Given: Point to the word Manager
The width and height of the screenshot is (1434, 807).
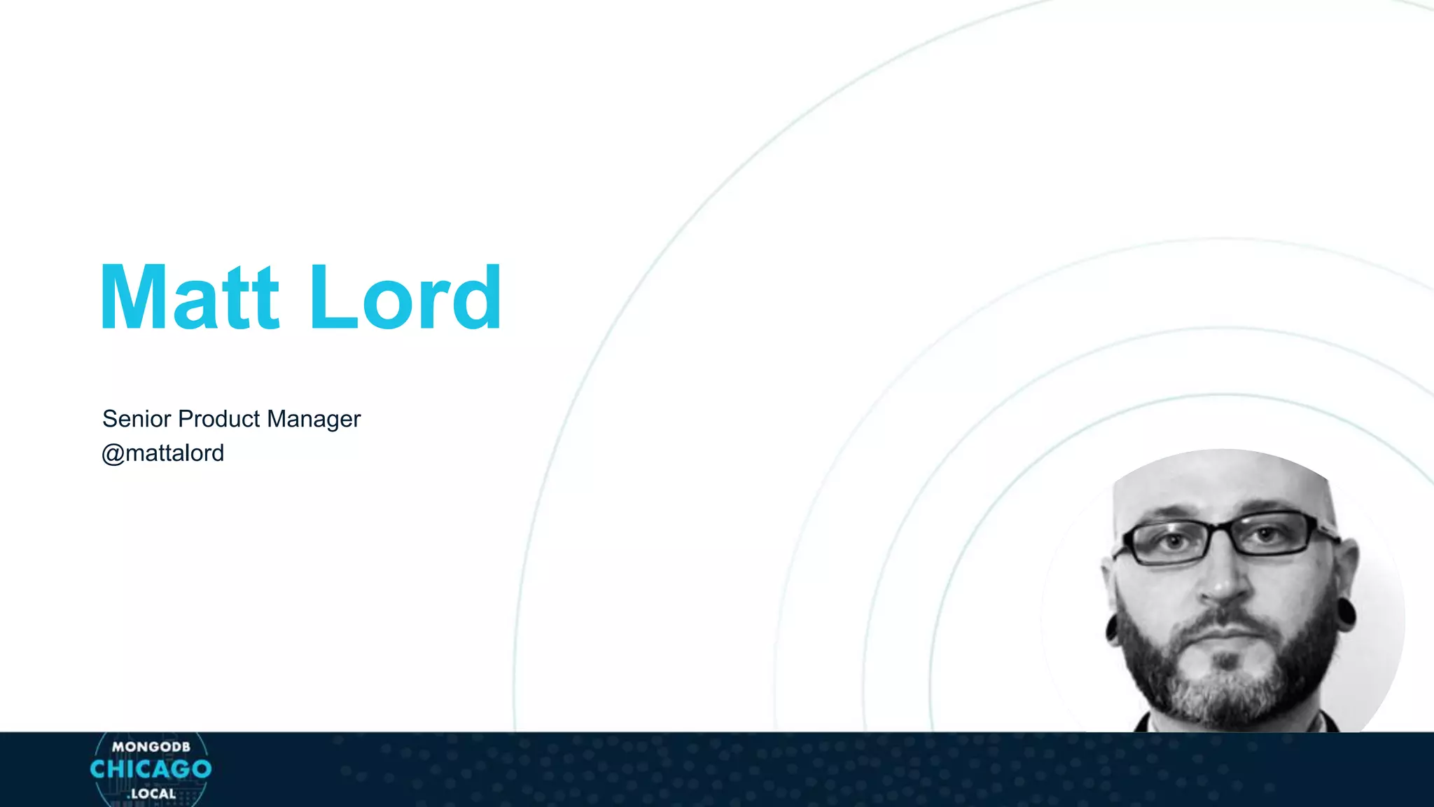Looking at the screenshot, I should tap(314, 419).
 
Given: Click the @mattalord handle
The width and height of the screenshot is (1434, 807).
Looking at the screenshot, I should tap(163, 453).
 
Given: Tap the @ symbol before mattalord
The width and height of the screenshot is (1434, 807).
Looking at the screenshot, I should tap(113, 454).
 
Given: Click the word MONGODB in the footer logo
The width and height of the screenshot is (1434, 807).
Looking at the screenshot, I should tap(151, 747).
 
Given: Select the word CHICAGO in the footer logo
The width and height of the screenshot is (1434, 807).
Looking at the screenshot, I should tap(151, 769).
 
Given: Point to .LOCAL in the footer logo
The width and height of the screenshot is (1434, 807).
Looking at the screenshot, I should tap(151, 794).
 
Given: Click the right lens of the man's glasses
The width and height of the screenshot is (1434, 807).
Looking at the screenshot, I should tap(1271, 534).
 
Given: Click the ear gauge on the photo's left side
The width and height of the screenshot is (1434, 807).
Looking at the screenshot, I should tap(1112, 627).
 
